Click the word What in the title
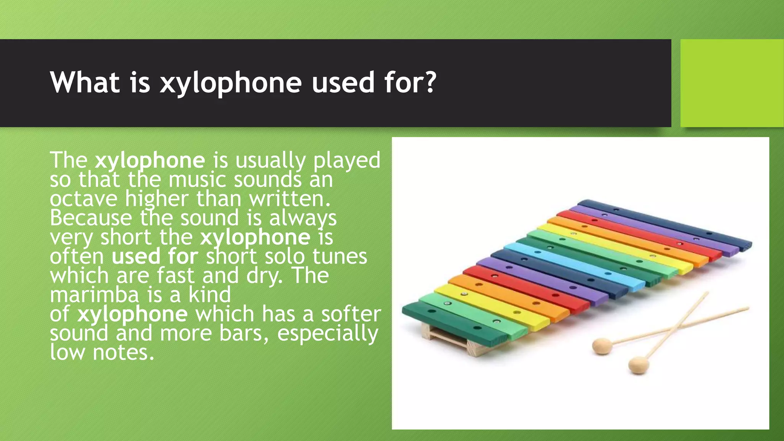85,82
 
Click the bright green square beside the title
732,83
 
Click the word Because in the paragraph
91,218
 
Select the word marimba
94,295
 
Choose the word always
303,218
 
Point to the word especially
328,333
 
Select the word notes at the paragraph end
123,352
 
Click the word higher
157,199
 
